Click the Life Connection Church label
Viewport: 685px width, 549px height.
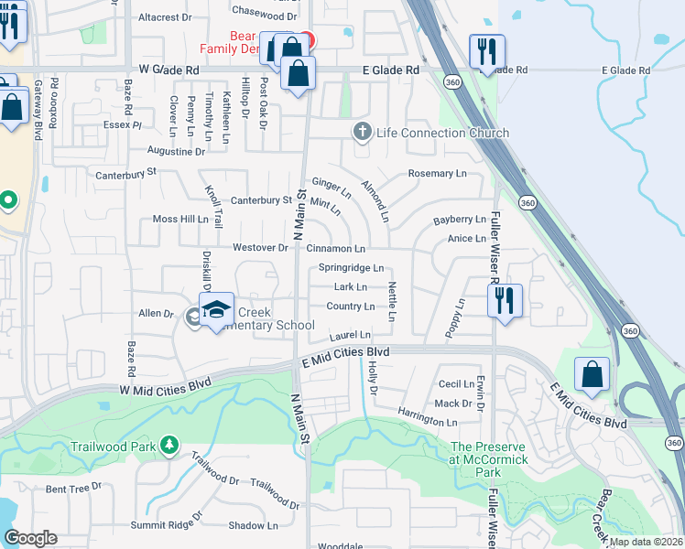[x=442, y=134]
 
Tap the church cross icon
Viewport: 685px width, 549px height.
[x=362, y=133]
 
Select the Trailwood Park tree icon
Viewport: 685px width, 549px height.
[x=169, y=445]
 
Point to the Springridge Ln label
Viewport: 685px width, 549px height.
[x=351, y=268]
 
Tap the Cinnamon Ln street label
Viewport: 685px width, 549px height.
[x=336, y=248]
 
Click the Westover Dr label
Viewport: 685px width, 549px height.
[x=260, y=247]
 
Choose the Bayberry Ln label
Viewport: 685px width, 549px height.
[x=459, y=220]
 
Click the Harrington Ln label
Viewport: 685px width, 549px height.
[x=428, y=423]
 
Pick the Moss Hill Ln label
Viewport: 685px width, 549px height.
[x=180, y=220]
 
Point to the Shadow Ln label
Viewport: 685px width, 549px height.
[x=253, y=525]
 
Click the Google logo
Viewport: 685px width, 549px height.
[x=30, y=538]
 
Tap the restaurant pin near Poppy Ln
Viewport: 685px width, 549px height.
[x=504, y=300]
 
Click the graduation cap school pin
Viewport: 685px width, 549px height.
[x=217, y=311]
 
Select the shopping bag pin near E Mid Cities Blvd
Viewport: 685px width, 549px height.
[x=593, y=374]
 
